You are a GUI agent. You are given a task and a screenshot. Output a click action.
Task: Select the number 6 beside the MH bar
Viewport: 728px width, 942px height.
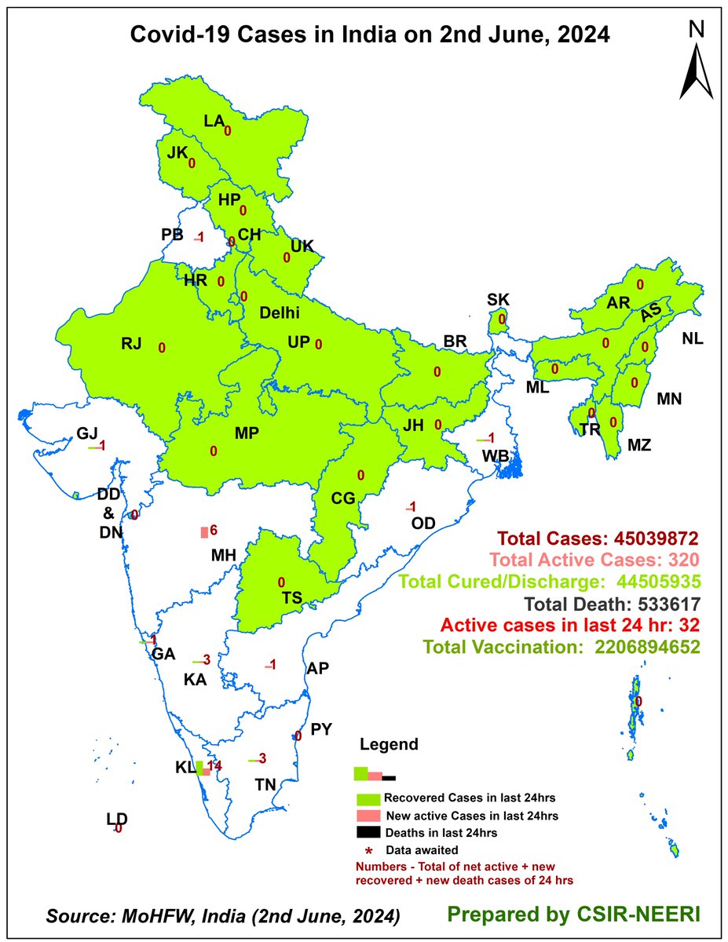click(213, 531)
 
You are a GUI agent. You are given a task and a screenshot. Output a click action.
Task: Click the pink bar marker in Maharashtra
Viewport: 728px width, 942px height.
click(205, 532)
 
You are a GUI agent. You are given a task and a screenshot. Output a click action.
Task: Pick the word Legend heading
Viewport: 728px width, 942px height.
click(389, 744)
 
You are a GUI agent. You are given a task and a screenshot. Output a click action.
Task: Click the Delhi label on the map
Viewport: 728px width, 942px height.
click(280, 313)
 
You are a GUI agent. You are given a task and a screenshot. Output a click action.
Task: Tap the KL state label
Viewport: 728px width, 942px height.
click(185, 767)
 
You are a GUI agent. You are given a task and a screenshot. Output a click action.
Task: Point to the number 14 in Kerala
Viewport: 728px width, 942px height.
click(215, 765)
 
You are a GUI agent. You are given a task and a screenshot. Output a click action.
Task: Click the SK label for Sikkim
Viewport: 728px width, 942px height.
click(498, 299)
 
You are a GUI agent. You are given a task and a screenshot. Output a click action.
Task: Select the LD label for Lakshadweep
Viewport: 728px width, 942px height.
click(117, 820)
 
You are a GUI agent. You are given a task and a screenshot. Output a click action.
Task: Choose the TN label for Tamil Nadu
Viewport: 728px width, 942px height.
click(265, 784)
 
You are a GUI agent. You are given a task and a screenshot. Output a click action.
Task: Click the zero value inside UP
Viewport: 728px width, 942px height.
click(318, 344)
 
